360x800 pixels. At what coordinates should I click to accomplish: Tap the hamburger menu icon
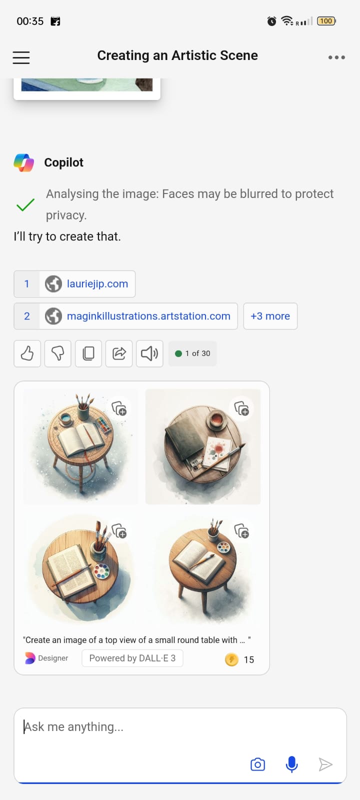pos(21,57)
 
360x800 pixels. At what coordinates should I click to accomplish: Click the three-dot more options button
pos(336,57)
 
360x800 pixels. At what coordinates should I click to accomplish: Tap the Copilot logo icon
pos(24,163)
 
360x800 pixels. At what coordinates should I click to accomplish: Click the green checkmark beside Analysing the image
pos(25,204)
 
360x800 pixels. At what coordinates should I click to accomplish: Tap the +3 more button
pos(270,316)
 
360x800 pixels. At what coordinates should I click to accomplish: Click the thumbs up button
pos(27,353)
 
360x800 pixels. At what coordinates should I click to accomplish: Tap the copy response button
pos(88,353)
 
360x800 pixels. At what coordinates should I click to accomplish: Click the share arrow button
pos(119,353)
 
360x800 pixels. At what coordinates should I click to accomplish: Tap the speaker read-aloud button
pos(149,353)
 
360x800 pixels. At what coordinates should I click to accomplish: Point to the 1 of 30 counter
pos(192,353)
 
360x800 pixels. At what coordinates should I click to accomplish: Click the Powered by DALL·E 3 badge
pos(132,658)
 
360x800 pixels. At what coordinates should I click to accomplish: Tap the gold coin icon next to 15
pos(231,659)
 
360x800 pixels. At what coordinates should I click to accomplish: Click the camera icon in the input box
pos(257,764)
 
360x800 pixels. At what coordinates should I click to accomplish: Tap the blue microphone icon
pos(292,764)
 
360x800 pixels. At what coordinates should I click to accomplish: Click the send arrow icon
pos(325,764)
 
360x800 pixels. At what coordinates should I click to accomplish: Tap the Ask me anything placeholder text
pos(73,727)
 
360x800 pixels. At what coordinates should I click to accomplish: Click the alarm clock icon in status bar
pos(271,21)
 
